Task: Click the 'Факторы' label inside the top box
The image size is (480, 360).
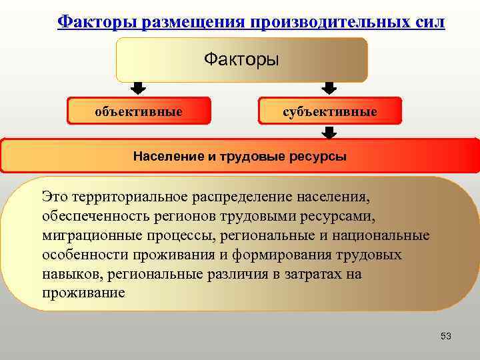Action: [x=241, y=60]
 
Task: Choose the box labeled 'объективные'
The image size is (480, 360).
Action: [x=139, y=111]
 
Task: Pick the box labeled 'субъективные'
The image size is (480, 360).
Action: [x=329, y=111]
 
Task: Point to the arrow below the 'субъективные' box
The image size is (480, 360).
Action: [x=329, y=133]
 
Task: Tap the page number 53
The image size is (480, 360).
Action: [x=446, y=336]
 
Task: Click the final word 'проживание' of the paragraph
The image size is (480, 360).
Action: [x=83, y=293]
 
